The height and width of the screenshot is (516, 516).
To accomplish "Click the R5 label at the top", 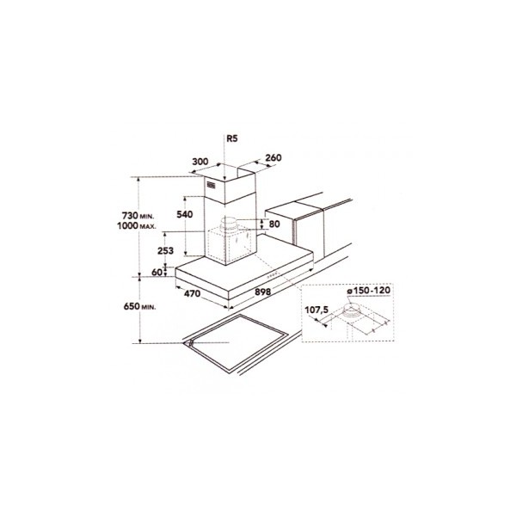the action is (x=231, y=138).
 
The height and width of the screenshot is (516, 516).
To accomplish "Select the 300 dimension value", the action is (x=200, y=162).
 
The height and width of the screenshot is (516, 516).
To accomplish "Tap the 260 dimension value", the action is (x=273, y=158).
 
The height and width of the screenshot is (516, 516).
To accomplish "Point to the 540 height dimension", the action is (x=185, y=214).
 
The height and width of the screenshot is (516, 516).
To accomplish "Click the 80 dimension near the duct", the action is (x=274, y=224).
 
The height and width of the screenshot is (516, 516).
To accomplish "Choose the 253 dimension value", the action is (x=165, y=251).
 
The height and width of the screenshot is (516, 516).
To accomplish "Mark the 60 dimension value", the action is (x=157, y=272).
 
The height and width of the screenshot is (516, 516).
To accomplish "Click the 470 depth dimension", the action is (x=192, y=293).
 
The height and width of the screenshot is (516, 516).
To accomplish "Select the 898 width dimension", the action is (x=263, y=292).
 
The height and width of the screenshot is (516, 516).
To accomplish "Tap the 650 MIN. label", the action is (x=139, y=306).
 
